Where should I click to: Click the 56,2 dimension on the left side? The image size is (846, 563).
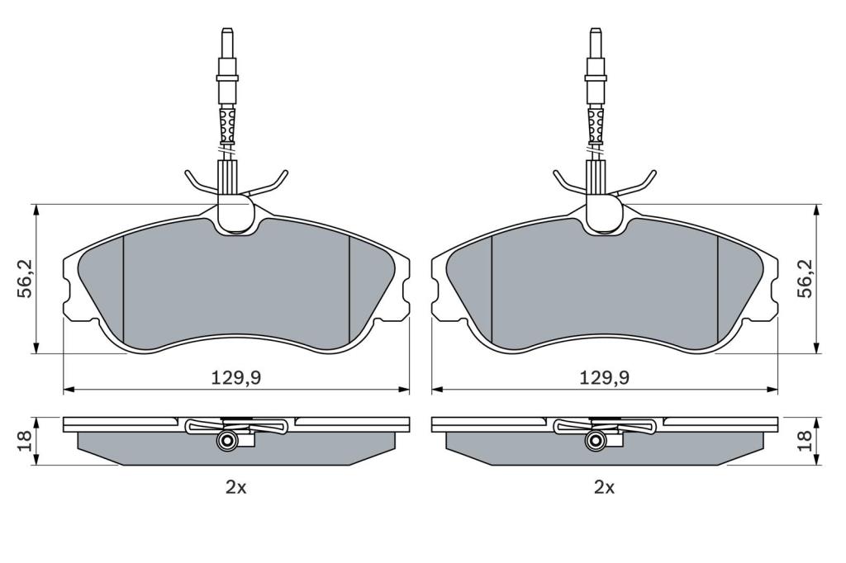[26, 279]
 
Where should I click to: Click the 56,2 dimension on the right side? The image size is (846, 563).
[806, 279]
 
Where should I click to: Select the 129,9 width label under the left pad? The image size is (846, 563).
[235, 378]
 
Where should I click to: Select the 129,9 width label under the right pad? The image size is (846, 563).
[604, 378]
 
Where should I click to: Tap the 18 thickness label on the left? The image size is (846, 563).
[26, 441]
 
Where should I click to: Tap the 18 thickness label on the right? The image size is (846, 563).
[806, 441]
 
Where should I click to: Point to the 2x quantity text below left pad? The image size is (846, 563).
[235, 488]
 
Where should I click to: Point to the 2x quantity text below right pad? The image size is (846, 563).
[604, 488]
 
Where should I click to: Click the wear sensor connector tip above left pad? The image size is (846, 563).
[227, 32]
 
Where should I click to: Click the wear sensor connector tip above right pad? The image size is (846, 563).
[596, 32]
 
